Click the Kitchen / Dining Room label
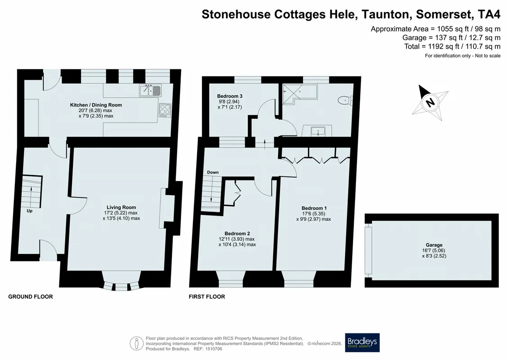96,105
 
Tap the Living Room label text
122,207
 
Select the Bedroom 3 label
230,96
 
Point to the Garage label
434,245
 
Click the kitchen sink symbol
150,90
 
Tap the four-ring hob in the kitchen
165,110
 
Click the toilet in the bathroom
345,100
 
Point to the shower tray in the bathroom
299,94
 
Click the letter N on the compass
430,103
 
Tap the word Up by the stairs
30,211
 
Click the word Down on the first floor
213,172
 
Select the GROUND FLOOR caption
31,297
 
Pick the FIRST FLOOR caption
207,297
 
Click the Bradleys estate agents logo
362,342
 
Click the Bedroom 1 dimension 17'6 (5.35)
314,214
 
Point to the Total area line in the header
452,46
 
